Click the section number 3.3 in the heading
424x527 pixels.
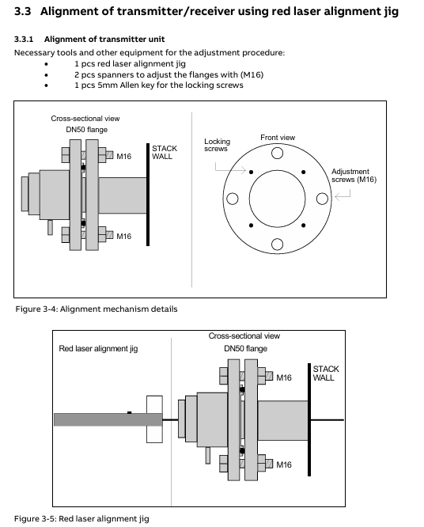(x=22, y=11)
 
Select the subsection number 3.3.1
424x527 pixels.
(x=24, y=40)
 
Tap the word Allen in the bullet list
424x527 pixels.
(x=130, y=85)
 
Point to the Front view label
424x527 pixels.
(x=278, y=138)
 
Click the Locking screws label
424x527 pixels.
(x=217, y=145)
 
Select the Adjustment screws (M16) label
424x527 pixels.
(x=354, y=176)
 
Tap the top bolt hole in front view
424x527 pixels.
(x=277, y=153)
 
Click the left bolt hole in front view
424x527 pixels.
(x=233, y=199)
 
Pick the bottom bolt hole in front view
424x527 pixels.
(x=277, y=245)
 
